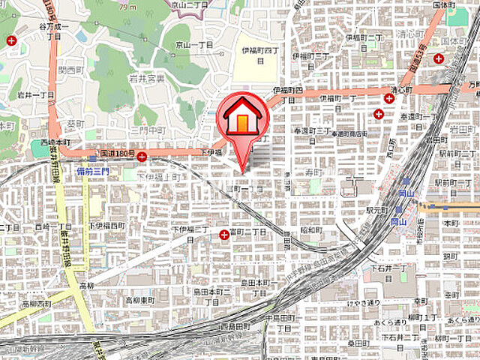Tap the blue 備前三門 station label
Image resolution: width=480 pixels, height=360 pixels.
click(x=92, y=172)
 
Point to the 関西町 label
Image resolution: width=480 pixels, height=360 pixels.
click(x=71, y=70)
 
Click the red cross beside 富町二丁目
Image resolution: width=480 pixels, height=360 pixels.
click(x=224, y=234)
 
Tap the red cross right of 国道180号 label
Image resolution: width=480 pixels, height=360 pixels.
click(x=142, y=157)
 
